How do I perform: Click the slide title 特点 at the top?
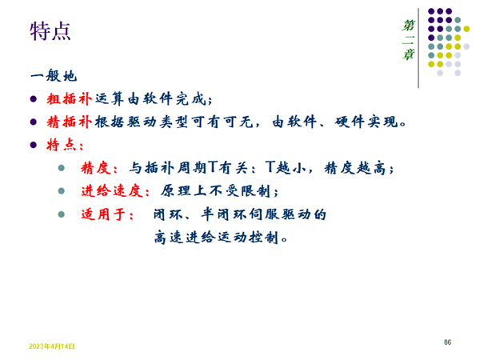pyautogui.click(x=50, y=31)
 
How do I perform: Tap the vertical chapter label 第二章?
pyautogui.click(x=408, y=40)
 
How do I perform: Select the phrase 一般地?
pyautogui.click(x=54, y=76)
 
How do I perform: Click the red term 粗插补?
pyautogui.click(x=69, y=99)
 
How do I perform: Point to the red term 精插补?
pyautogui.click(x=69, y=122)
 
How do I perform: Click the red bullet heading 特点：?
pyautogui.click(x=65, y=145)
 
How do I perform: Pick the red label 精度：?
pyautogui.click(x=99, y=168)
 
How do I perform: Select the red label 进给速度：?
pyautogui.click(x=115, y=191)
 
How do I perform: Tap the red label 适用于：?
pyautogui.click(x=107, y=214)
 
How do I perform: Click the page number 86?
pyautogui.click(x=447, y=342)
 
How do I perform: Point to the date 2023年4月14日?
pyautogui.click(x=52, y=346)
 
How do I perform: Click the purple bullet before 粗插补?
pyautogui.click(x=34, y=99)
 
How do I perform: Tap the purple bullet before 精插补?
pyautogui.click(x=34, y=122)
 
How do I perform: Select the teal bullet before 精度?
pyautogui.click(x=62, y=168)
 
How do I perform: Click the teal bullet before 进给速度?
pyautogui.click(x=62, y=191)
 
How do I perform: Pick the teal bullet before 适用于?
pyautogui.click(x=62, y=214)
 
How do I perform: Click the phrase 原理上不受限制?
pyautogui.click(x=215, y=191)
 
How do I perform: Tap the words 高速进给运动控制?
pyautogui.click(x=217, y=238)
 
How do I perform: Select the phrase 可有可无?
pyautogui.click(x=222, y=122)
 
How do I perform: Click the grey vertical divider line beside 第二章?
pyautogui.click(x=418, y=48)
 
